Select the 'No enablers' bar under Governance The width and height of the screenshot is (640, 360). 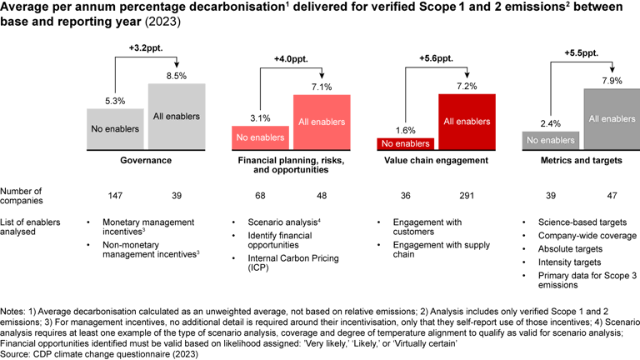click(x=116, y=129)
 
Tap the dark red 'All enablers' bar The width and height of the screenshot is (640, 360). click(x=467, y=122)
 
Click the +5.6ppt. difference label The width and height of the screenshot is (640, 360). click(x=434, y=59)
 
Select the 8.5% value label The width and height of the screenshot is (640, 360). click(x=177, y=75)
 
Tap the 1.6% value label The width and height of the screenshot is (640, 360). click(x=405, y=131)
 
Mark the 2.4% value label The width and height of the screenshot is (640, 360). click(x=550, y=123)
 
